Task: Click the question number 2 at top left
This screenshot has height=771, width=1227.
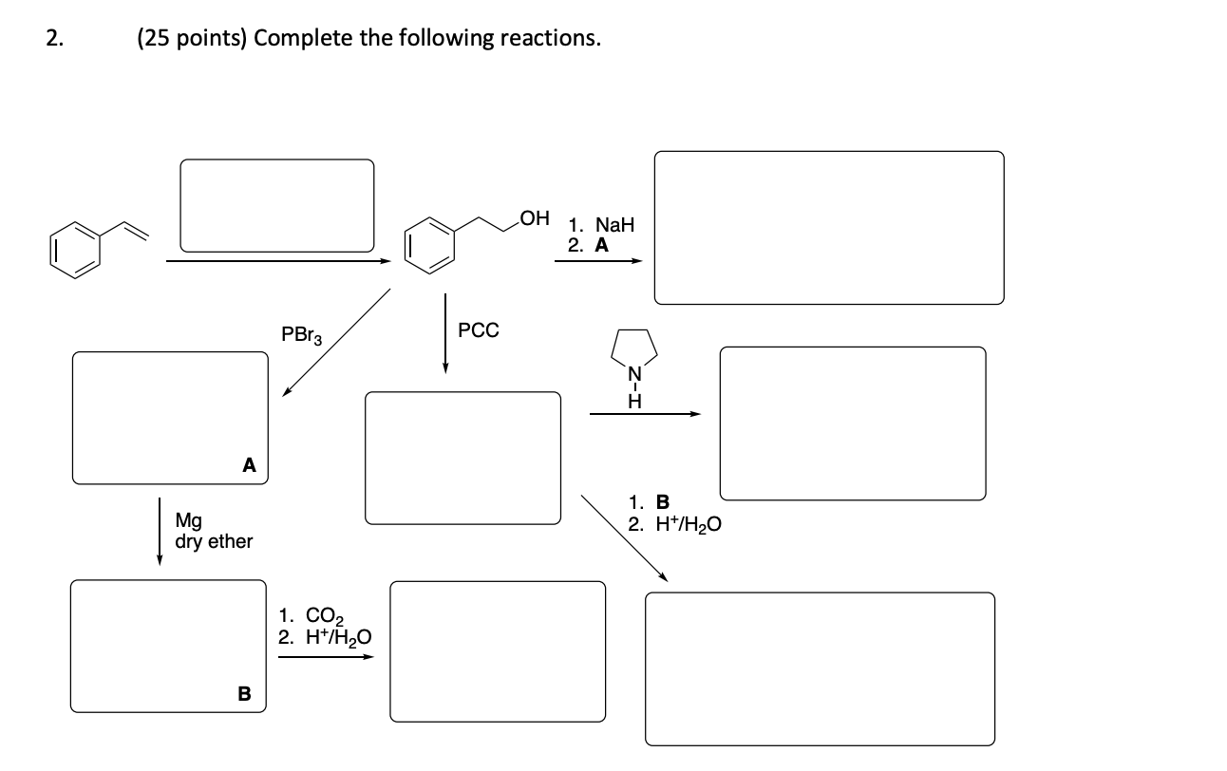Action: (53, 39)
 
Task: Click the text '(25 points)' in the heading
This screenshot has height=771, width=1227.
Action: (191, 39)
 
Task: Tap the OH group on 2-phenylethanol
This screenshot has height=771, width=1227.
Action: (535, 218)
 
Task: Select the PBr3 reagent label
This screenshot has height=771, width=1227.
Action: (302, 334)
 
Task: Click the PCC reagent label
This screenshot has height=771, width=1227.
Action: (478, 330)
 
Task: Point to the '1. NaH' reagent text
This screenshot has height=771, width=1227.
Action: (600, 226)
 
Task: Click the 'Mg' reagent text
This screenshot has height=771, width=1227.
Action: (189, 520)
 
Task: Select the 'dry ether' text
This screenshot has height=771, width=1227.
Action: (214, 541)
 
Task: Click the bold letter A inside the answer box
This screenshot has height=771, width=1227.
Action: (249, 464)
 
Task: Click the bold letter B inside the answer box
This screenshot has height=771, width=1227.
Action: (243, 694)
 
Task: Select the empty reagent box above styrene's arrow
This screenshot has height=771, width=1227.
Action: (277, 205)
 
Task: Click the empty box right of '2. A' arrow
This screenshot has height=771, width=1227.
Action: (828, 228)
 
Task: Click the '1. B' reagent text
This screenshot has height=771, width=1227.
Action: (650, 502)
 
